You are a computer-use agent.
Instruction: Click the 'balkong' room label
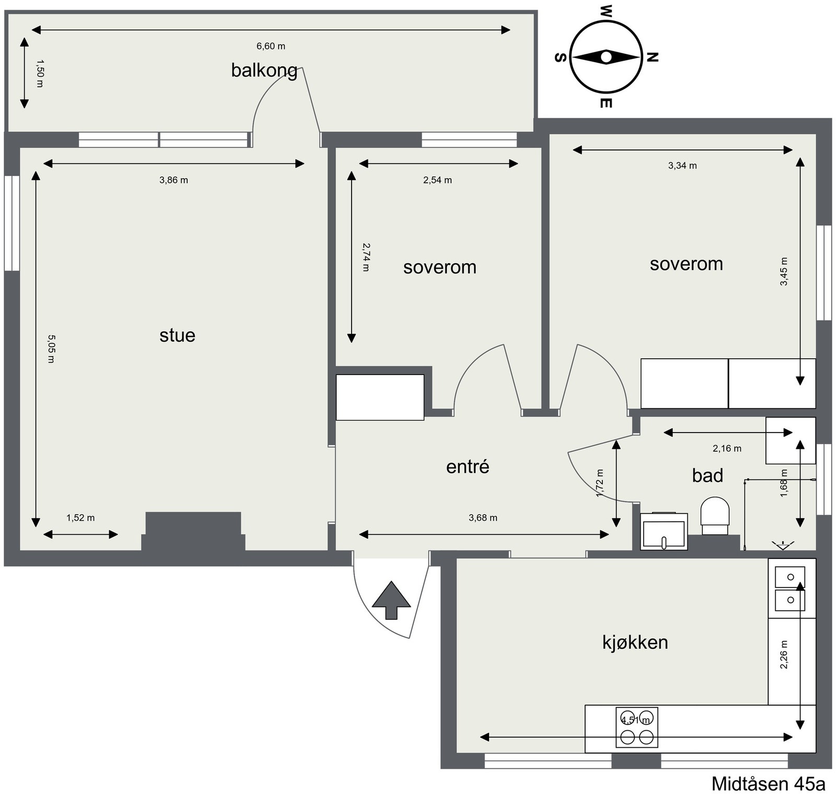[264, 71]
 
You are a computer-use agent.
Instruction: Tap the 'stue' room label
[177, 335]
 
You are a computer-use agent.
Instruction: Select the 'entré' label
[468, 466]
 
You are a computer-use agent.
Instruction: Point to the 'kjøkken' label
[635, 642]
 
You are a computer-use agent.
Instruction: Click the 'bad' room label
[707, 475]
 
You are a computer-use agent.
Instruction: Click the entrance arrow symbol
[391, 600]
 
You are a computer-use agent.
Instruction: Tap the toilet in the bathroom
[715, 516]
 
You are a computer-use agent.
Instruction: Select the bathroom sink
[664, 531]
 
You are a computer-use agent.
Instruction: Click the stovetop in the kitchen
[637, 727]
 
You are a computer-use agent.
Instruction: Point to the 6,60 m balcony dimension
[271, 46]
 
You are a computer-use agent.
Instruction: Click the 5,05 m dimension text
[51, 349]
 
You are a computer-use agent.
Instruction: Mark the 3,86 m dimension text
[173, 180]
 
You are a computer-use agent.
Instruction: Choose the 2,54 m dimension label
[437, 180]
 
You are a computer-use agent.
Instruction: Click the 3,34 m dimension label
[682, 166]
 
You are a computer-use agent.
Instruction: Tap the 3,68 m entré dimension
[483, 518]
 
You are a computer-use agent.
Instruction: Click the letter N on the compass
[652, 57]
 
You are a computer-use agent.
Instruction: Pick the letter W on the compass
[606, 11]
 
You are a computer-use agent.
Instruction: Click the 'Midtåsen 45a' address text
[768, 784]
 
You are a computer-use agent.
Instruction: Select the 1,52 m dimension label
[80, 518]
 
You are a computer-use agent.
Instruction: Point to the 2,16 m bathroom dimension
[727, 448]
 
